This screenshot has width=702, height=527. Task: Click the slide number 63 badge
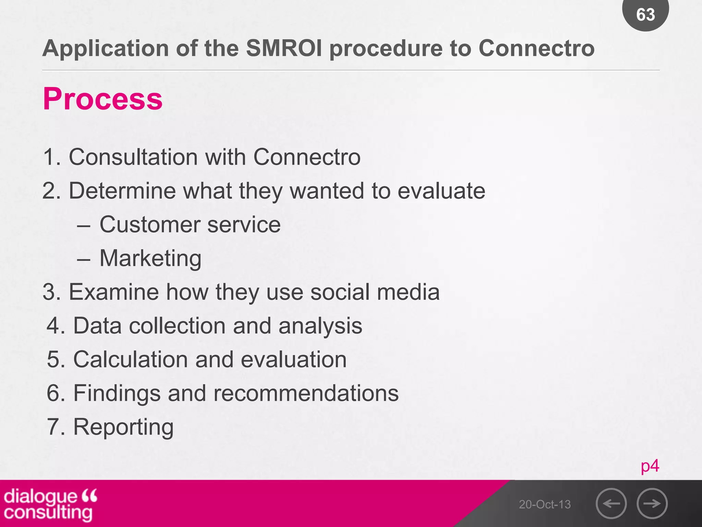click(x=645, y=14)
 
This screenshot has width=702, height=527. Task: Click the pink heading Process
click(x=102, y=99)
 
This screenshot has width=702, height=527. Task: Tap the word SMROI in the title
click(x=284, y=48)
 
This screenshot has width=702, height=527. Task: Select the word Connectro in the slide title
click(x=536, y=48)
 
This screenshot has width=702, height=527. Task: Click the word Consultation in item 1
click(x=133, y=157)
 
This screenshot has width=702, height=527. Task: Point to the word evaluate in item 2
click(x=441, y=191)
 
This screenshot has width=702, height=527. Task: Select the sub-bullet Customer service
click(x=190, y=225)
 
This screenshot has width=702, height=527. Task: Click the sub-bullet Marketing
click(x=150, y=258)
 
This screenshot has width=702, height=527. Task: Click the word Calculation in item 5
click(x=130, y=360)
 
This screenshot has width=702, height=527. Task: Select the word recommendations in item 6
click(x=306, y=393)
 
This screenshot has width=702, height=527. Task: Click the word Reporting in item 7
click(x=123, y=427)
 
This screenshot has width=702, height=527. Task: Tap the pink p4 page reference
click(x=650, y=466)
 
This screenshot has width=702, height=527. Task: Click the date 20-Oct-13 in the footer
click(x=545, y=504)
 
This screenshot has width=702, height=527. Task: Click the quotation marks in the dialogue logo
click(x=89, y=495)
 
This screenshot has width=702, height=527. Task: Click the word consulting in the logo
click(x=48, y=513)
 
